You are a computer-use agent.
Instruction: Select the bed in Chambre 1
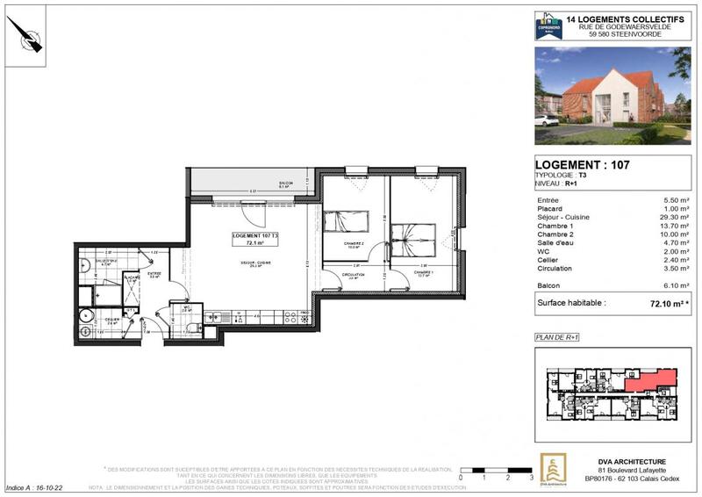(406, 237)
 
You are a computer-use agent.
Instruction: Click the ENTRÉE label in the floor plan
(154, 274)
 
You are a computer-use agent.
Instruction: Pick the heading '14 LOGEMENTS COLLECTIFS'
(619, 18)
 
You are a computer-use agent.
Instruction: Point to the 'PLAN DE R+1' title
(558, 336)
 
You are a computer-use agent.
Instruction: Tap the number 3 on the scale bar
(532, 478)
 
